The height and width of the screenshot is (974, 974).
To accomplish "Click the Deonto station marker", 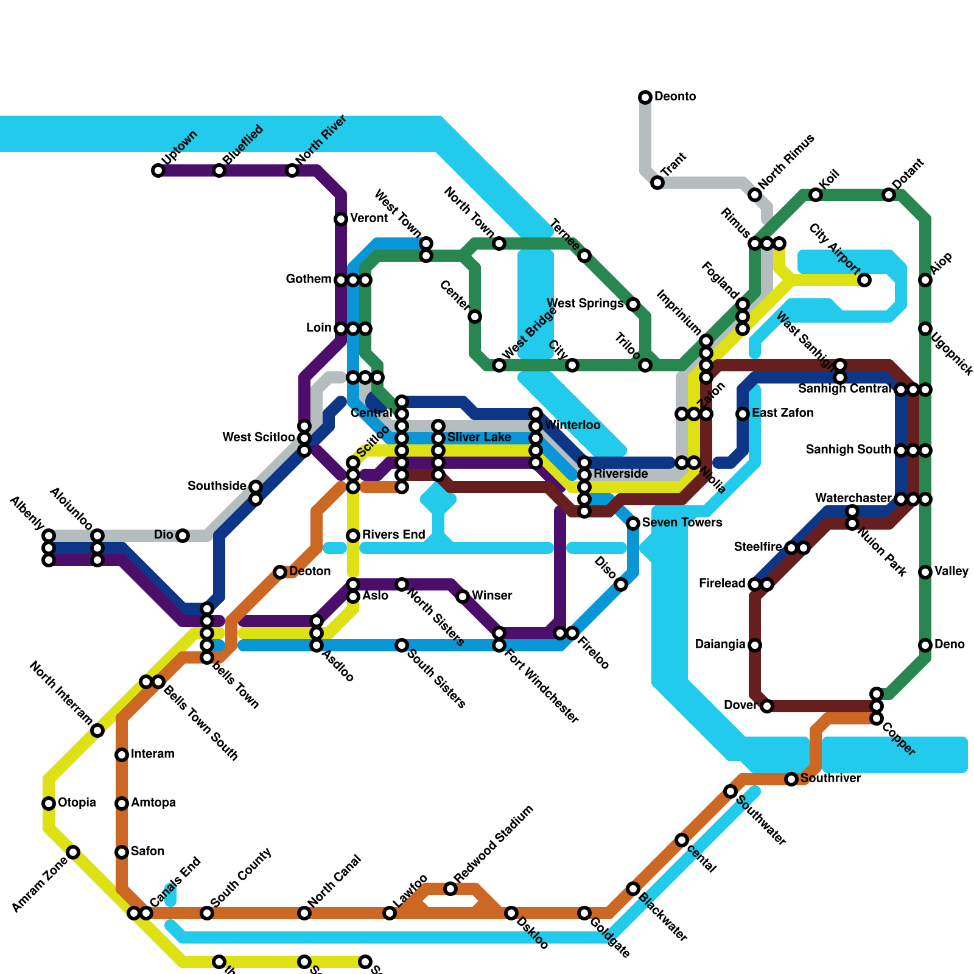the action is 645,97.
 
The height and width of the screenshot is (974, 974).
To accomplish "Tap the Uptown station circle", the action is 158,170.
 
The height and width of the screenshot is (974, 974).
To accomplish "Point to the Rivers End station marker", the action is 353,536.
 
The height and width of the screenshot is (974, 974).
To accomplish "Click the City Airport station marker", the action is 864,280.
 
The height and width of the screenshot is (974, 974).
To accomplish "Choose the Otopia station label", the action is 77,802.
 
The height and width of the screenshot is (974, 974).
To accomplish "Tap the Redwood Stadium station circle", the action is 450,889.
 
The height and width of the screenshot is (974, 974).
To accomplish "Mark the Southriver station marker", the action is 791,779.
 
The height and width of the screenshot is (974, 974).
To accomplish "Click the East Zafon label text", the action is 782,413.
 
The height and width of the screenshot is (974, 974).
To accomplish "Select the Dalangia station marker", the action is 755,645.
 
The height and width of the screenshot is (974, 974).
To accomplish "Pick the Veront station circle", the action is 341,219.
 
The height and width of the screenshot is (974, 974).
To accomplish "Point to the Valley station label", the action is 951,571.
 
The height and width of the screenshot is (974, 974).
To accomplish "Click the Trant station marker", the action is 657,183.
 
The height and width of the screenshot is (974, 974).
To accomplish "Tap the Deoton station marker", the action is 280,572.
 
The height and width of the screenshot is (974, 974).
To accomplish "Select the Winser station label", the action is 492,595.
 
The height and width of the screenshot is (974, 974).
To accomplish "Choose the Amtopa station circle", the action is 122,804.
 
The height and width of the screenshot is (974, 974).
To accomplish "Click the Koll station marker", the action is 816,195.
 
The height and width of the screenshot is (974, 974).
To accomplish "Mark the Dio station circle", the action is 183,536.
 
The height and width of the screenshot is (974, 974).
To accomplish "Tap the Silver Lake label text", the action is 479,437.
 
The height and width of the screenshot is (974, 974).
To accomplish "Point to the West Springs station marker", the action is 633,304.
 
